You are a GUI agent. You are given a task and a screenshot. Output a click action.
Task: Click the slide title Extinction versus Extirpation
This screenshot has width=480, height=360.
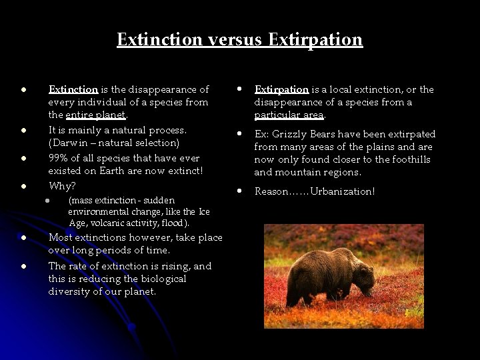239,39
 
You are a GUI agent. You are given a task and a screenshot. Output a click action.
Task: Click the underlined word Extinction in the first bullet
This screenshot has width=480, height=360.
73,89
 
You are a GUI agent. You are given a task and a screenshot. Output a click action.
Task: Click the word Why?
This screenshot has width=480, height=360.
62,185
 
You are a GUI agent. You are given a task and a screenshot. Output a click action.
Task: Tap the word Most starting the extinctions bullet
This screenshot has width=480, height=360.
61,237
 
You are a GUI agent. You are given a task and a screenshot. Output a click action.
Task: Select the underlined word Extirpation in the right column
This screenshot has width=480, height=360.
281,89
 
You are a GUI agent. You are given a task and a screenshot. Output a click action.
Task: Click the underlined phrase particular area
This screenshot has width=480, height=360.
289,115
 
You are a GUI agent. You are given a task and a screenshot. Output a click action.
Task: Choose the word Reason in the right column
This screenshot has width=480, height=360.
271,191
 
